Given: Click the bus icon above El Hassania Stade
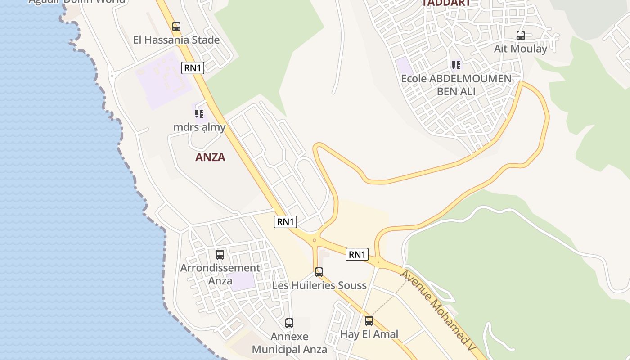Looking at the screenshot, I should coord(176,27).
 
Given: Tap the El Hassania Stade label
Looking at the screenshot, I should coord(176,40).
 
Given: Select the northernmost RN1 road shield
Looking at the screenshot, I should coord(193,68).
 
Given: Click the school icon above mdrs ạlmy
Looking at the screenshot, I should coord(199,114).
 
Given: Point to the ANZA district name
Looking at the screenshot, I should coord(210,157).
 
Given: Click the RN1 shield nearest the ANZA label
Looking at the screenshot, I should coord(285,221).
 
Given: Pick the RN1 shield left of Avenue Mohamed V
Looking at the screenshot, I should coord(357,254).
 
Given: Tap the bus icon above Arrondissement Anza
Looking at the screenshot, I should coord(220,255).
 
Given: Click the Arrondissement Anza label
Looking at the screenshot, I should coord(220,274).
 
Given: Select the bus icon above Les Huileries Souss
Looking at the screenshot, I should coord(319,272).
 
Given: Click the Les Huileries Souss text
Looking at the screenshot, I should coord(319,285).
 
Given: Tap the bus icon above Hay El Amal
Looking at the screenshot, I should coord(369,321).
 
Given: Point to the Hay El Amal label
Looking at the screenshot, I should coord(369,334).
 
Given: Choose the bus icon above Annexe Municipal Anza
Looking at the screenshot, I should coord(289,323).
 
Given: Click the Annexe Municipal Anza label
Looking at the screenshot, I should coord(289,343).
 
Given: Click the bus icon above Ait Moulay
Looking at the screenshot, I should coord(521,36).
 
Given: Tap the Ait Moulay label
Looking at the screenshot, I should coord(521,49).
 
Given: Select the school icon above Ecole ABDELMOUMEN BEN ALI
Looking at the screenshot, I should coord(456,65).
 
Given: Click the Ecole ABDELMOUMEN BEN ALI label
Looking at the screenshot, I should coord(456,85).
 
